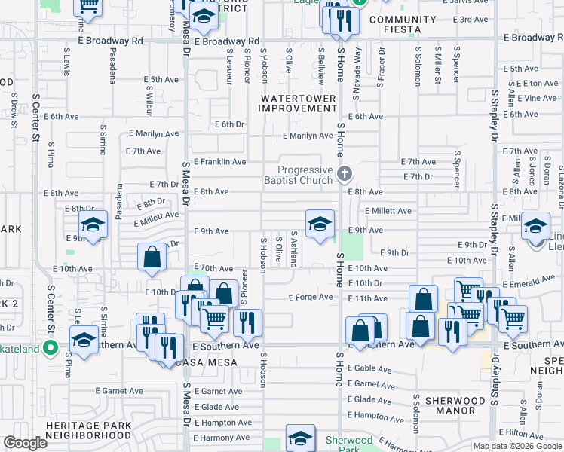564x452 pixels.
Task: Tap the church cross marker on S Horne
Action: (x=345, y=175)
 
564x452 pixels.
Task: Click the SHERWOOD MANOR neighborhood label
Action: (x=454, y=405)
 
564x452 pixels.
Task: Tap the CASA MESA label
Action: (x=206, y=362)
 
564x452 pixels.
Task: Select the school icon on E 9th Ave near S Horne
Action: (x=320, y=224)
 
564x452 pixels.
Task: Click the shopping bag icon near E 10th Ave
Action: (x=152, y=257)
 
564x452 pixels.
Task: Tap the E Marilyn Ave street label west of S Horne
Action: (x=308, y=136)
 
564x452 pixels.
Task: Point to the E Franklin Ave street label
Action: (x=219, y=161)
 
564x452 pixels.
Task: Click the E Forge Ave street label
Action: (x=311, y=297)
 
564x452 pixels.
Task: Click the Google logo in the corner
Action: (x=25, y=443)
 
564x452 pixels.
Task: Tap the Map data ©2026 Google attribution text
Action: (x=516, y=446)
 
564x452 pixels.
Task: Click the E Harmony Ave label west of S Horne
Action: (x=222, y=437)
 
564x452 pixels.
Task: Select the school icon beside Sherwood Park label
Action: (x=300, y=438)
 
